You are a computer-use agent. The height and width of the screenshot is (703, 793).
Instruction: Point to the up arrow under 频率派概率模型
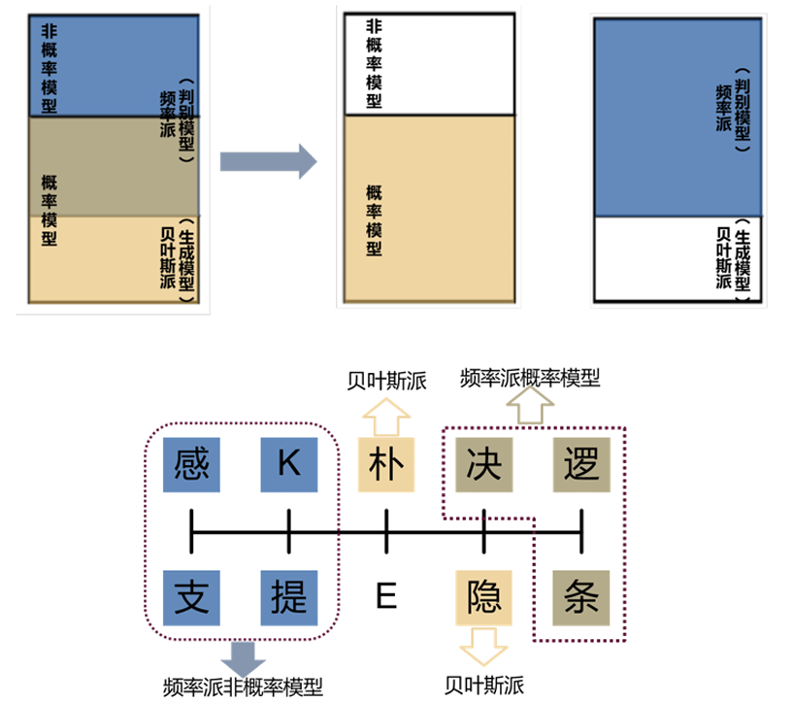coord(530,409)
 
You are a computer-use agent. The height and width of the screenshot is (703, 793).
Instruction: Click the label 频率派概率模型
coord(530,378)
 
